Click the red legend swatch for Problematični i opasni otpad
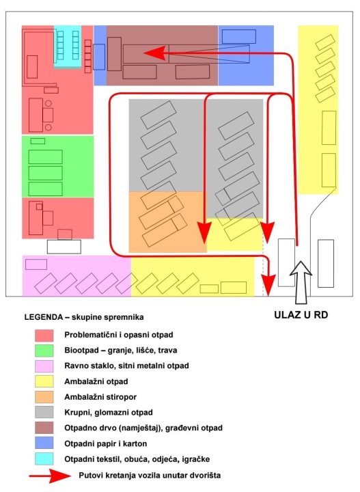(44, 335)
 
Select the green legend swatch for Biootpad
(44, 351)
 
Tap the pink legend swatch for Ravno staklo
(44, 366)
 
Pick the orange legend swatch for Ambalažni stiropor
(44, 397)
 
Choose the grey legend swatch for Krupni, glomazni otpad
(44, 412)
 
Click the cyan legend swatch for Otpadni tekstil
(44, 459)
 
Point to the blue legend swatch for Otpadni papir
(44, 443)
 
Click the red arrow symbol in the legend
(50, 476)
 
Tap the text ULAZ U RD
(301, 315)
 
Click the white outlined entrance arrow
(301, 282)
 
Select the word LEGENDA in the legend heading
(44, 317)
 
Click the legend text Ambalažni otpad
(96, 381)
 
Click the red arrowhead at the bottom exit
(268, 285)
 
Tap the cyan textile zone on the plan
(68, 46)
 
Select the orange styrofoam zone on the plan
(168, 222)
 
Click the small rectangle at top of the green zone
(38, 141)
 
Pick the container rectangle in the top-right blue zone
(239, 36)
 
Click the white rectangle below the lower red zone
(64, 247)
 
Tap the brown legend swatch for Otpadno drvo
(44, 428)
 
